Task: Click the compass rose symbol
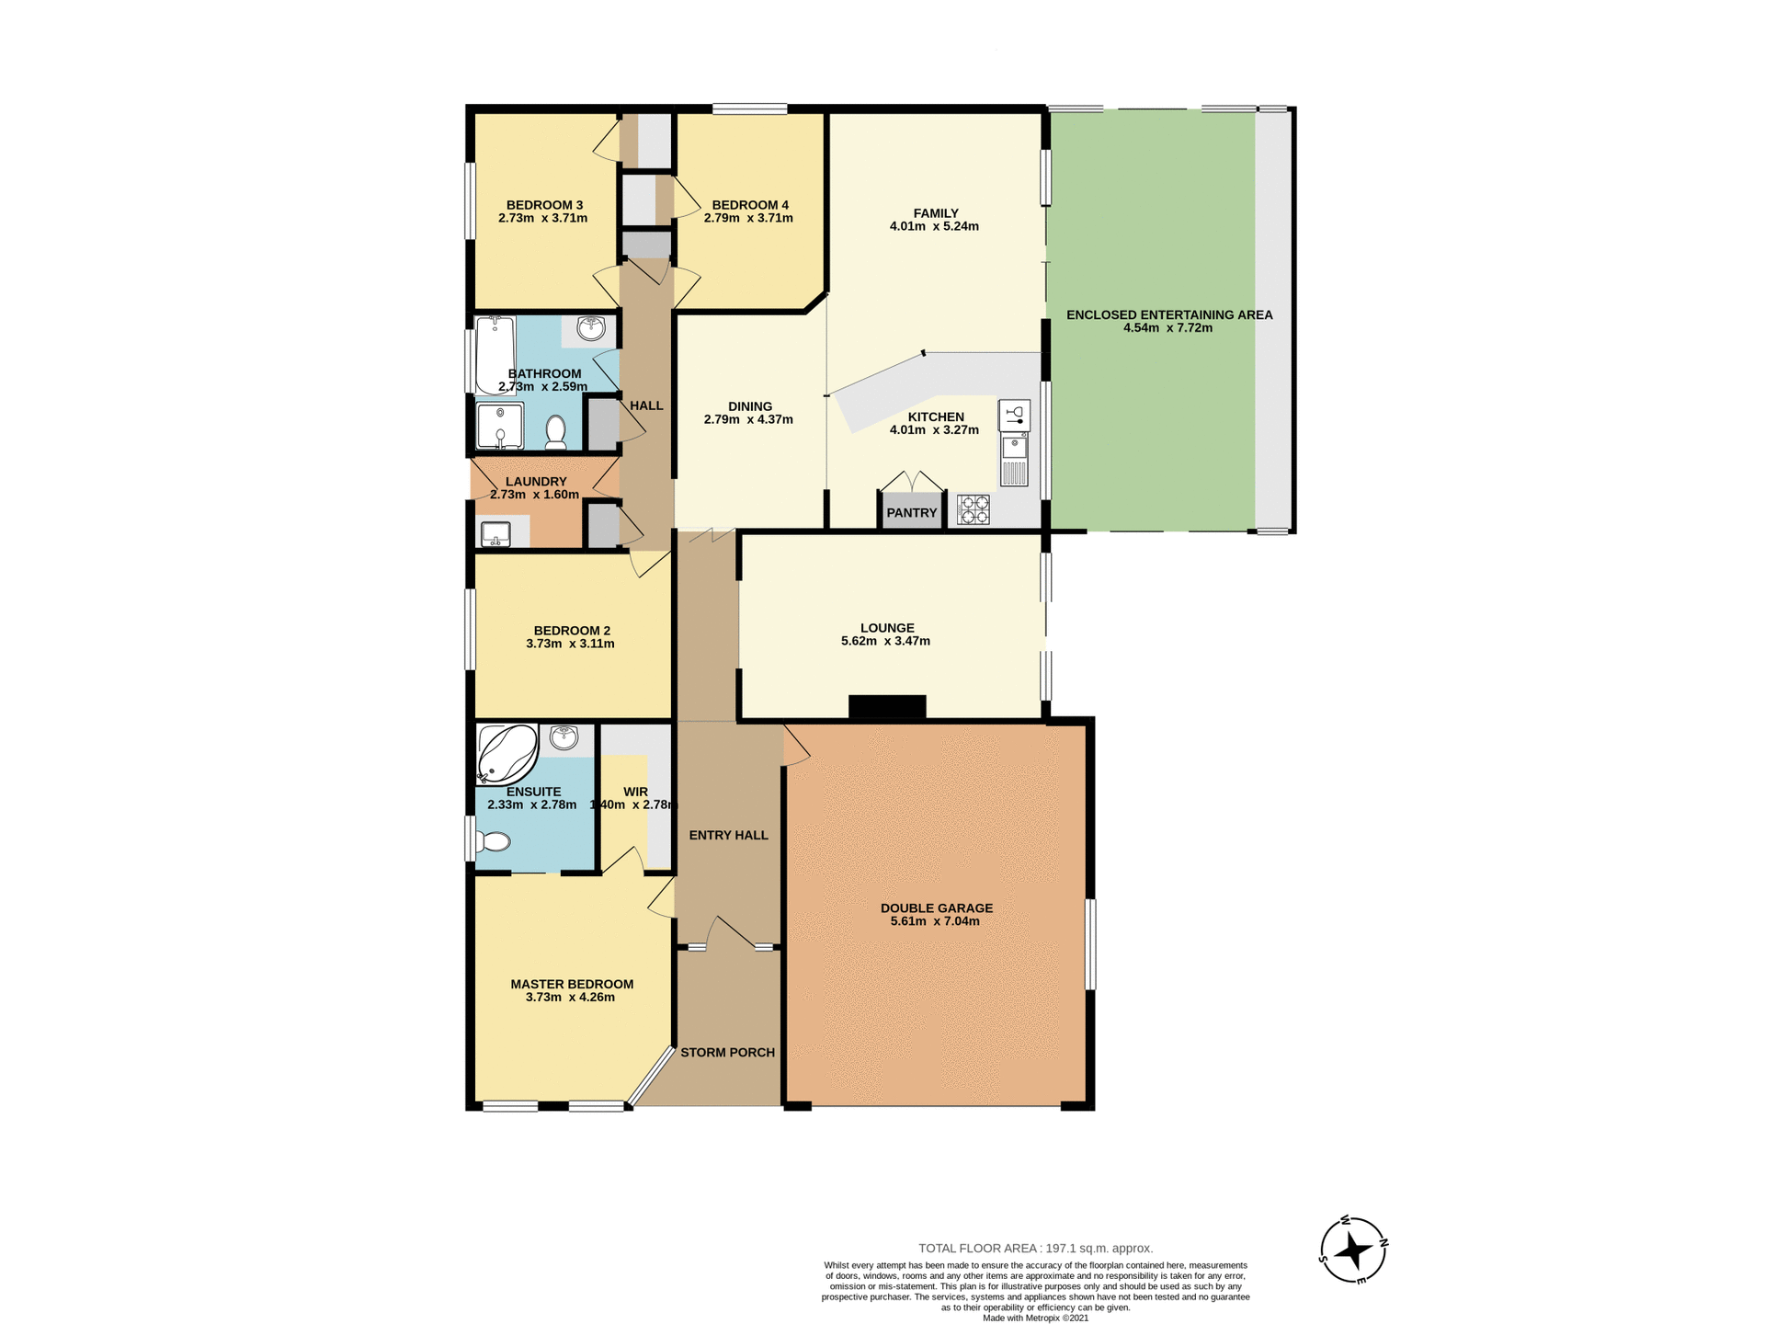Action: (x=1353, y=1250)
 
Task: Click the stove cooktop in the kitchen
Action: (x=974, y=509)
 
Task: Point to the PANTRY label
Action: (x=911, y=513)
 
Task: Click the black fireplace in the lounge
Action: (x=887, y=706)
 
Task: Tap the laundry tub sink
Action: (x=496, y=533)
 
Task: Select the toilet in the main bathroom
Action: (x=555, y=432)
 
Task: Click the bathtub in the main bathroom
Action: (x=495, y=355)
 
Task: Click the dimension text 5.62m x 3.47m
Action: (x=885, y=641)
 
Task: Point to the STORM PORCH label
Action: (x=727, y=1052)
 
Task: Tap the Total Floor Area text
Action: (x=1035, y=1248)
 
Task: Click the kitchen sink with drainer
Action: (x=1014, y=460)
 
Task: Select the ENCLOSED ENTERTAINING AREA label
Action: (x=1168, y=314)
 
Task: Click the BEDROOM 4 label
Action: (x=749, y=205)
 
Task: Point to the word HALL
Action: (x=646, y=405)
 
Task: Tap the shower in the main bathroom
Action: (x=499, y=426)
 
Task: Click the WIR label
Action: (x=635, y=792)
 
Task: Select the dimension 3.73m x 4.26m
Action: (x=570, y=997)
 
